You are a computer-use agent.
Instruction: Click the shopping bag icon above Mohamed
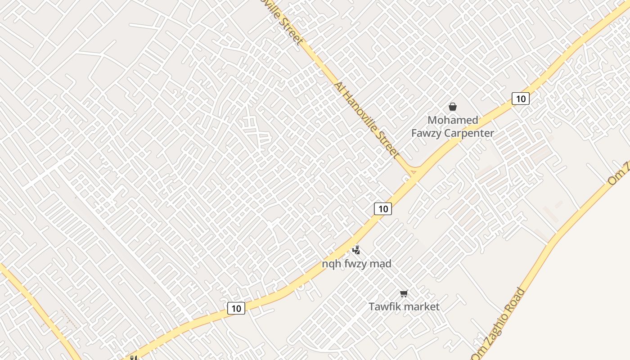pos(453,107)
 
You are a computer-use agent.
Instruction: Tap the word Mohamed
pos(453,120)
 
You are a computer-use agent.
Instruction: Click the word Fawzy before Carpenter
pos(426,133)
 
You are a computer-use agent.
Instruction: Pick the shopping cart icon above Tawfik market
pos(404,294)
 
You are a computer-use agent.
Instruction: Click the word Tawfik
pos(383,307)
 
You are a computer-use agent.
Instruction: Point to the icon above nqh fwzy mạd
pos(356,250)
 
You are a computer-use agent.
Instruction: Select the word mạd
pos(381,264)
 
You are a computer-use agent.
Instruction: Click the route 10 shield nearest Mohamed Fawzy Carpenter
pos(520,99)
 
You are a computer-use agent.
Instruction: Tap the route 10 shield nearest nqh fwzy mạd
pos(383,209)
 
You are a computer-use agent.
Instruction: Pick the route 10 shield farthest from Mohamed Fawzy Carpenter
pos(236,308)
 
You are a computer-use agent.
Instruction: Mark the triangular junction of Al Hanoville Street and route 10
pos(413,172)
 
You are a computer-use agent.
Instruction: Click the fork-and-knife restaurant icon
pos(133,358)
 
